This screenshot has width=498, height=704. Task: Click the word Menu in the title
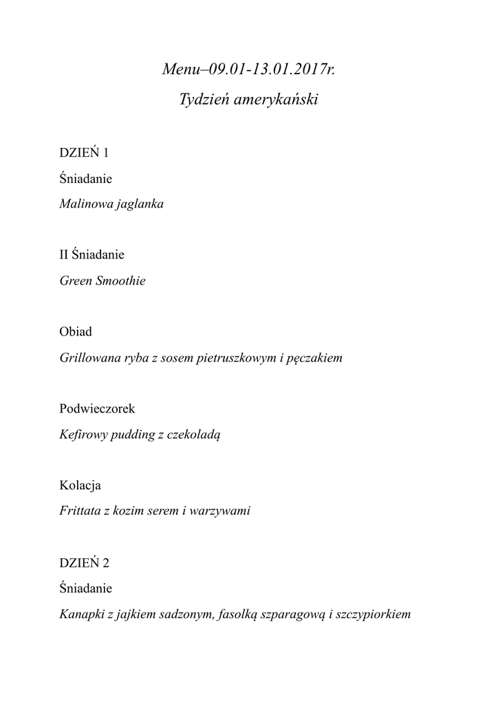point(177,69)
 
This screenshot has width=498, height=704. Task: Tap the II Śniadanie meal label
point(91,255)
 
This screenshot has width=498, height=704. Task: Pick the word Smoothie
point(124,281)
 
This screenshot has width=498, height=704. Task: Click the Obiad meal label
point(75,332)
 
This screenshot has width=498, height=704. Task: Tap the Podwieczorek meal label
point(97,409)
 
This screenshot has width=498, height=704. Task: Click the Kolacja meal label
point(80,486)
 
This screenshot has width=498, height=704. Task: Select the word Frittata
point(79,512)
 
